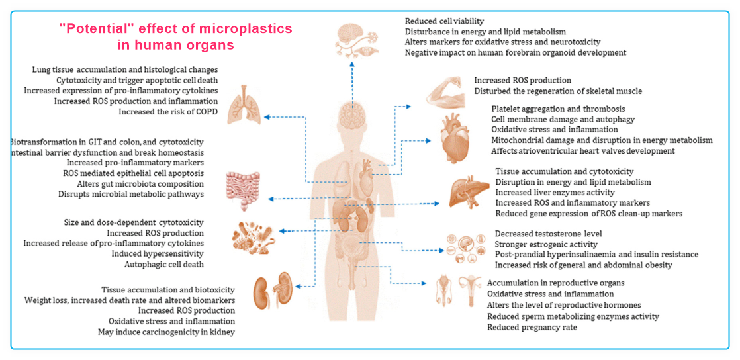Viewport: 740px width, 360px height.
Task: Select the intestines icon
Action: (243, 191)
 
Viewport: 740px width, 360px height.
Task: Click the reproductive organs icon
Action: (459, 292)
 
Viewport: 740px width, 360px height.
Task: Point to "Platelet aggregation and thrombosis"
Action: (558, 109)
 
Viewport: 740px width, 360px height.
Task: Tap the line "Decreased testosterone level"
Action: (549, 234)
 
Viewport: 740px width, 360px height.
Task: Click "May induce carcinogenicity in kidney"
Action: (166, 332)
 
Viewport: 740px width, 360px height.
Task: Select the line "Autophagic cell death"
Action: (163, 265)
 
